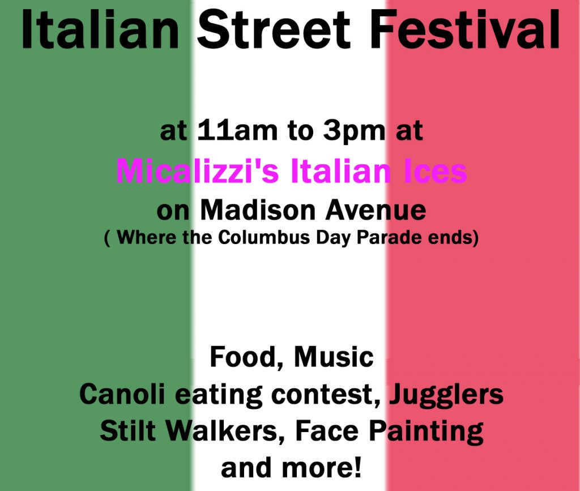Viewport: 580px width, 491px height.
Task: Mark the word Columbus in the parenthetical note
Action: coord(265,238)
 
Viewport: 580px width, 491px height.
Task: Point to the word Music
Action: coord(334,357)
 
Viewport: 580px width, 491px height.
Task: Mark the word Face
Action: coord(327,432)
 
